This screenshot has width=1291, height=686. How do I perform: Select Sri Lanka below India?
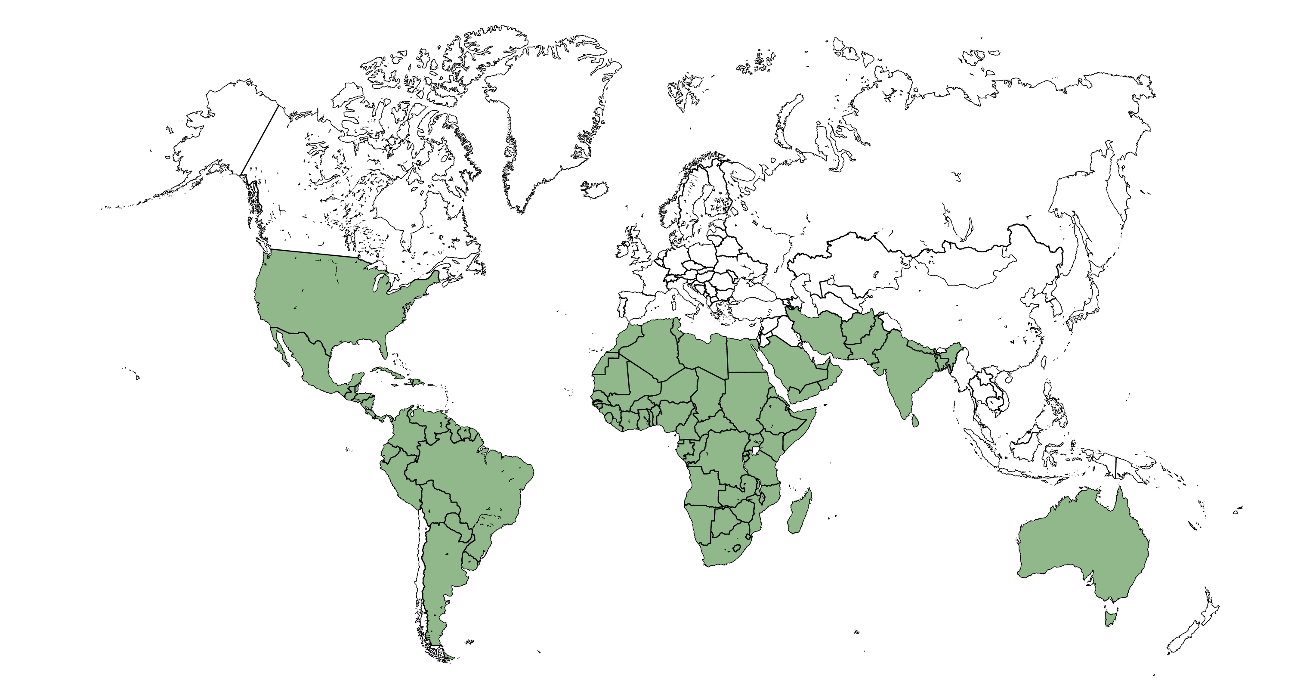click(914, 420)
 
